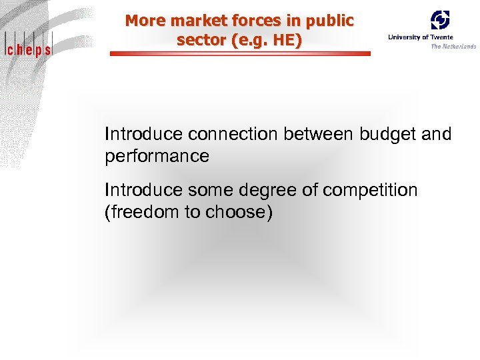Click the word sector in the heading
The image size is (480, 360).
(199, 40)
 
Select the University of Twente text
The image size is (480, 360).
(421, 37)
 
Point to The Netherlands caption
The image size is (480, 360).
(453, 46)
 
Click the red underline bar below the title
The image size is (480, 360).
(239, 54)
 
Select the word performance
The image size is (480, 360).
(157, 157)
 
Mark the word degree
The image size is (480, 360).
(265, 191)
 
